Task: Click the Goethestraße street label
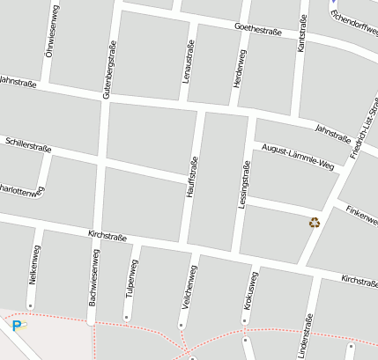pos(258,31)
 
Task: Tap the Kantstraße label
pos(301,33)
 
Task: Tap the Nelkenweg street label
pos(33,273)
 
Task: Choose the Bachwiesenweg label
pos(93,276)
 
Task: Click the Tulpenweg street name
pos(132,279)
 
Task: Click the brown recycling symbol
pos(315,223)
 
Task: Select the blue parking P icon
pos(16,326)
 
